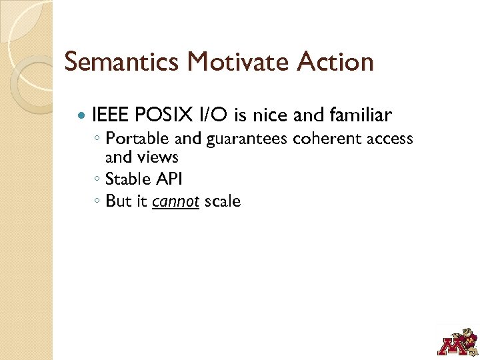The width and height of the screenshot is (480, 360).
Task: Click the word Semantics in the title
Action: (x=122, y=62)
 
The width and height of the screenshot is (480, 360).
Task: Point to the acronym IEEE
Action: (x=111, y=115)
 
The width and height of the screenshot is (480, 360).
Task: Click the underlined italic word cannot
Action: (x=176, y=201)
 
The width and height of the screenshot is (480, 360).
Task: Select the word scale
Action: (x=222, y=201)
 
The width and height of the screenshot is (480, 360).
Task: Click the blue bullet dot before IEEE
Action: (x=82, y=116)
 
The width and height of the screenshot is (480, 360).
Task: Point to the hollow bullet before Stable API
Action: (x=97, y=180)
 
